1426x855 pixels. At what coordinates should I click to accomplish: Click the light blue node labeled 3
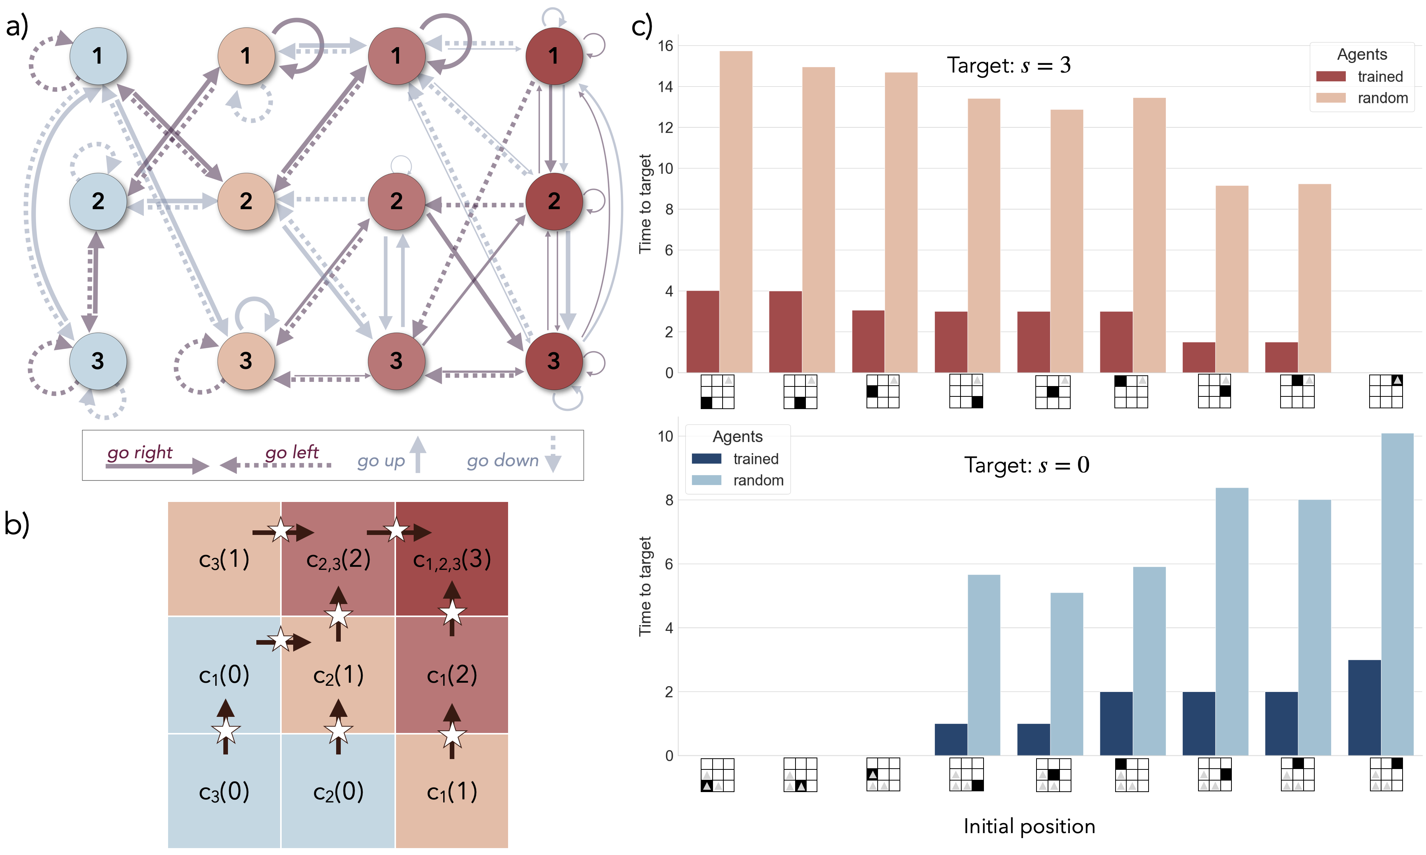coord(98,361)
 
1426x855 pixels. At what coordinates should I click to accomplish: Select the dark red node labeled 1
coord(553,56)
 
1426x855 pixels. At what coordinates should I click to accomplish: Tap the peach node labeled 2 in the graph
coord(246,201)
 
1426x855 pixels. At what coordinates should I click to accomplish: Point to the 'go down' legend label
coord(502,461)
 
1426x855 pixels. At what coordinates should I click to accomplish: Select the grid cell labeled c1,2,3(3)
coord(452,559)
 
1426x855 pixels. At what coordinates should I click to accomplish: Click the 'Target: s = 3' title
coord(1008,65)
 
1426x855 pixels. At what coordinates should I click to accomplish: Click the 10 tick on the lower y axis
coord(665,436)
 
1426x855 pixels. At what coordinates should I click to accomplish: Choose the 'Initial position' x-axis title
coord(1029,826)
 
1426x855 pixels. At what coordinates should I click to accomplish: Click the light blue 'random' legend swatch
coord(706,480)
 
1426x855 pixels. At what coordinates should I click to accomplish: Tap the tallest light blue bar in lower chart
coord(1397,593)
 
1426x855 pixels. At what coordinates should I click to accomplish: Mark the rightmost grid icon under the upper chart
coord(1386,391)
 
